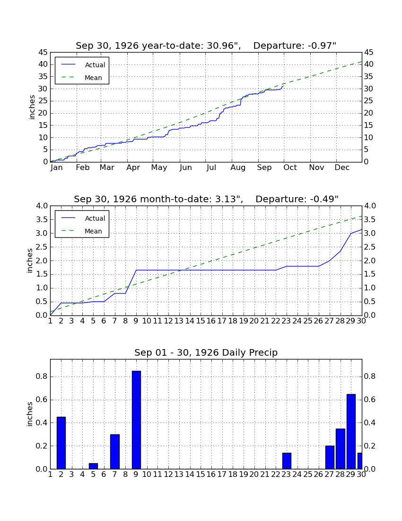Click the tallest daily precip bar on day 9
pos(136,420)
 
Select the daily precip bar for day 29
pos(351,431)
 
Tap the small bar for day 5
pos(94,466)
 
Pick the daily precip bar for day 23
pos(287,461)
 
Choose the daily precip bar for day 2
pos(61,443)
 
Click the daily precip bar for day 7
pos(115,451)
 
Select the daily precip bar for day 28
pos(341,449)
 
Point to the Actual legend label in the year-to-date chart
pos(95,65)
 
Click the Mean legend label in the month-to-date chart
pos(93,231)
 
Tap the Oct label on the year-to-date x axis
pos(290,168)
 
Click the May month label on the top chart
pos(159,168)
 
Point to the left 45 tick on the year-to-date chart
pos(43,53)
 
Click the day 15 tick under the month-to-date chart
pos(201,321)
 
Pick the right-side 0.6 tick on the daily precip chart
pos(370,399)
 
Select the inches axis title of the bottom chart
pos(30,414)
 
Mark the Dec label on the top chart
pos(342,168)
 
